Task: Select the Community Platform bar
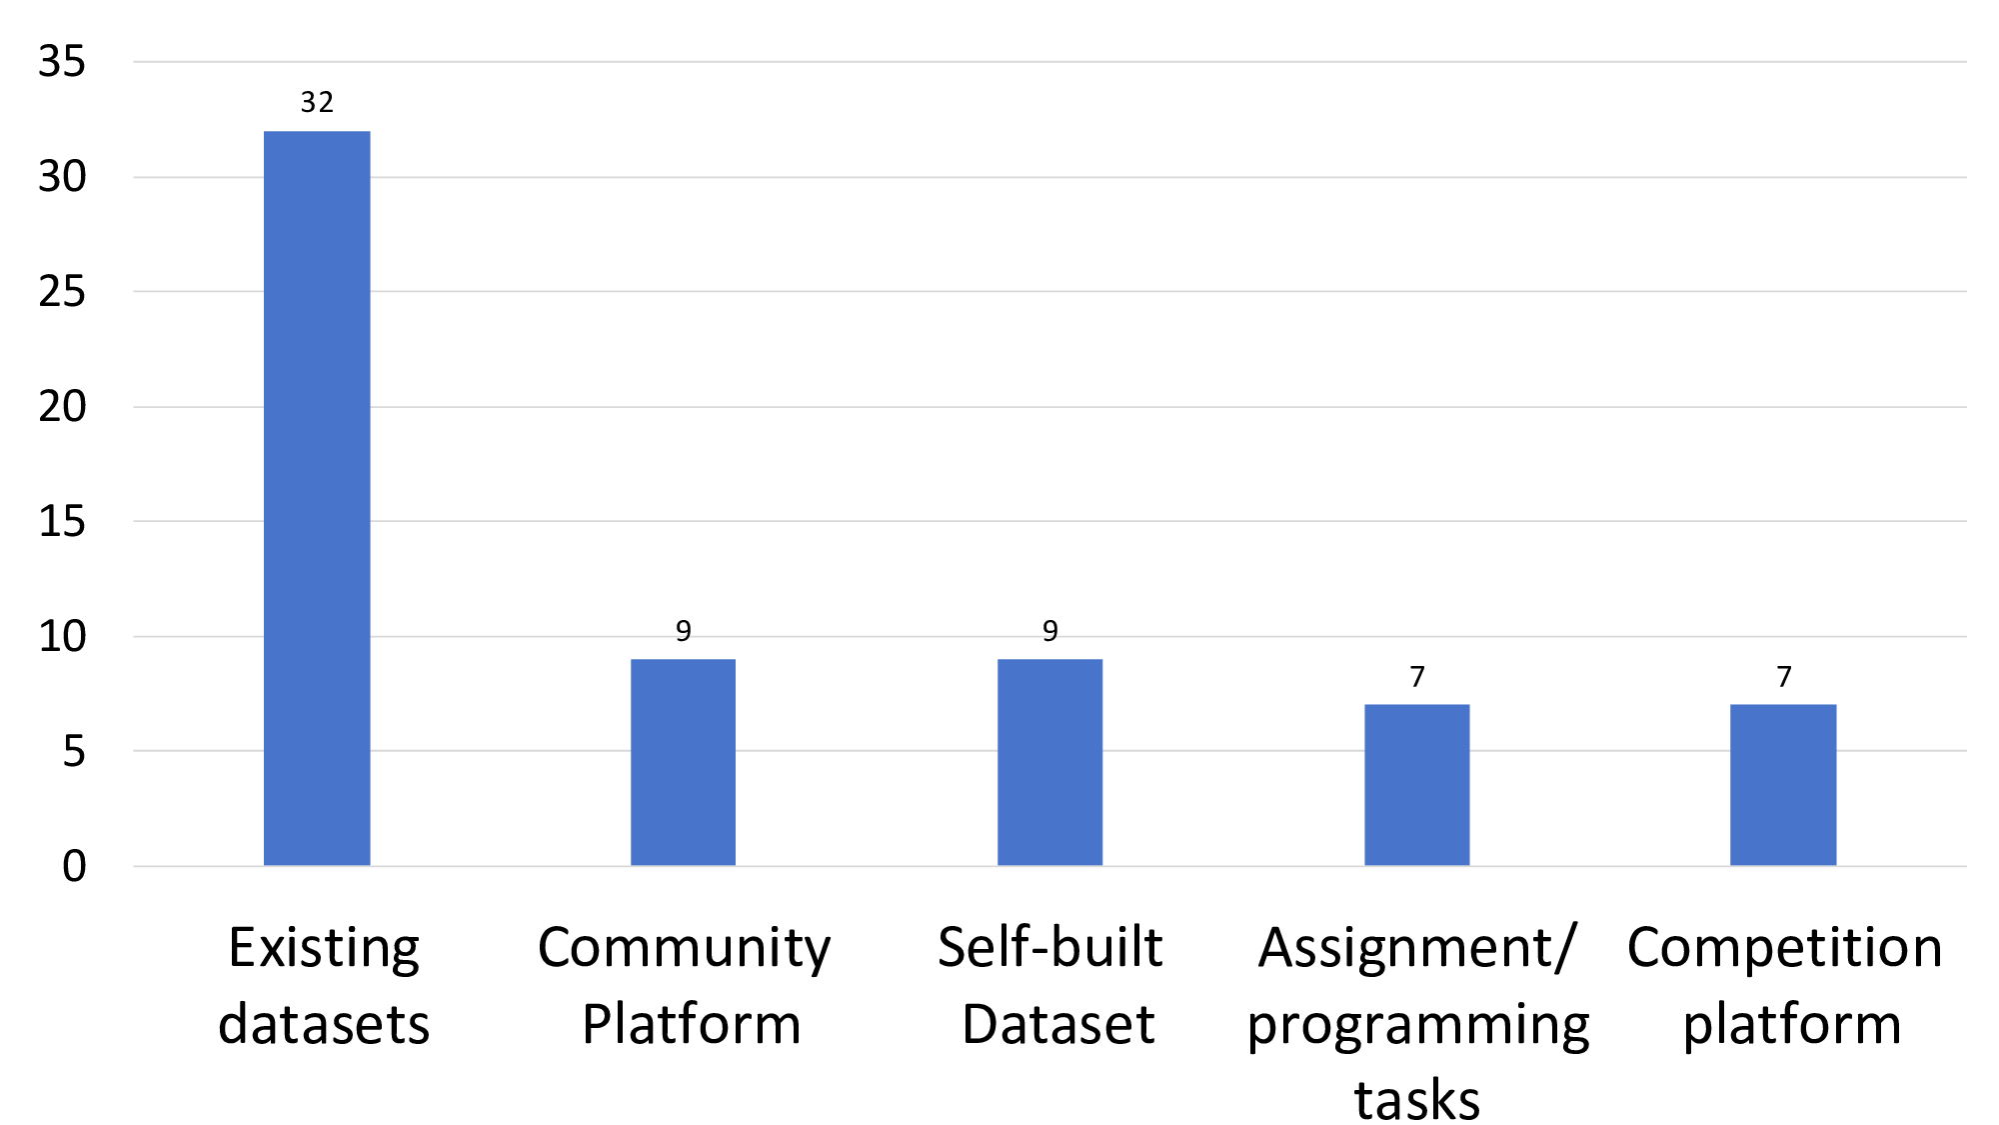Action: [683, 762]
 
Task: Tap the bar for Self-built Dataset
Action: [1049, 762]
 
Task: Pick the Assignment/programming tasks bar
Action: [1416, 785]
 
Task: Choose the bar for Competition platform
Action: [1783, 785]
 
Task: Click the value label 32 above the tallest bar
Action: [317, 102]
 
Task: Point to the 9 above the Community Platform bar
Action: [684, 631]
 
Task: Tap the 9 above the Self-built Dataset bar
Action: [1050, 631]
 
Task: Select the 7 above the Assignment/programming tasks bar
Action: [1417, 677]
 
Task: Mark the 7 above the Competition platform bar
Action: [1784, 677]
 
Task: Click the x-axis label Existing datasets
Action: [324, 985]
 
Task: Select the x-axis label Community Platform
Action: [686, 985]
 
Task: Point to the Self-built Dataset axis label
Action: [1051, 985]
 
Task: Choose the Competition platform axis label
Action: [1786, 985]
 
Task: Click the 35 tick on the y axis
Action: [62, 62]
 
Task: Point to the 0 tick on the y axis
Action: [74, 866]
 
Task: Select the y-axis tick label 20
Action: [62, 407]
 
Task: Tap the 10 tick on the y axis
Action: [62, 636]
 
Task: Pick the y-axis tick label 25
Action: [62, 292]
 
